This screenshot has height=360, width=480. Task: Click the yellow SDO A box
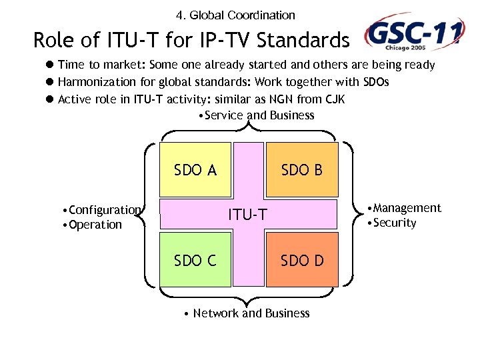pos(195,170)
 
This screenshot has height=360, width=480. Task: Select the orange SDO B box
pos(302,170)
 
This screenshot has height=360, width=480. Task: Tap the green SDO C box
pos(195,260)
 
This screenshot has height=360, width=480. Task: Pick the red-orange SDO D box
pos(302,260)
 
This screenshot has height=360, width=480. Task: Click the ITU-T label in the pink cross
pos(248,215)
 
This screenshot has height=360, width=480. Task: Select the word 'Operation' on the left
pos(95,225)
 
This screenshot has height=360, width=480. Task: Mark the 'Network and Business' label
pos(251,313)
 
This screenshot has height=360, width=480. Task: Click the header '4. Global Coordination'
pos(235,15)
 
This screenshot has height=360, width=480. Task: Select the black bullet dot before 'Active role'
pos(49,99)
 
